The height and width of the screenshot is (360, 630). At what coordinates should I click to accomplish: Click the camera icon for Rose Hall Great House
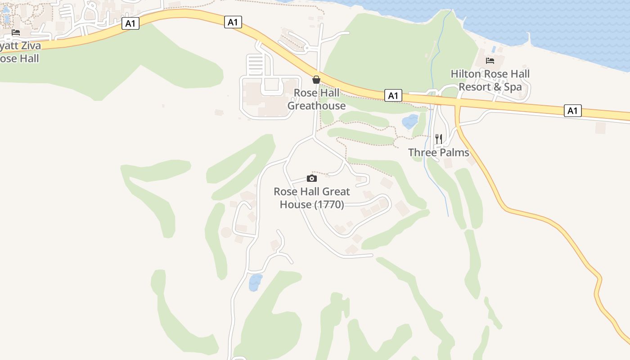(311, 179)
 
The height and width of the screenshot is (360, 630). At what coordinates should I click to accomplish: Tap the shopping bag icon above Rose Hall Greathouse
(316, 80)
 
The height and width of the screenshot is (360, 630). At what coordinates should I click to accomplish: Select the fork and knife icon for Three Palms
(439, 139)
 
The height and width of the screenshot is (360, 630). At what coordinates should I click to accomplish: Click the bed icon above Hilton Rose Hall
(490, 61)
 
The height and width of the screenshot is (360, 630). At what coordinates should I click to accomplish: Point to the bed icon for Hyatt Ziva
(16, 32)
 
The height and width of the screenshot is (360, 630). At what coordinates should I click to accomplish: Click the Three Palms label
(438, 153)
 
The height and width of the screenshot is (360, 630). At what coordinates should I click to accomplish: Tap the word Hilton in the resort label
(466, 74)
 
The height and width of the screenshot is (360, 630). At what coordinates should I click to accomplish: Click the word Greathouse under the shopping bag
(316, 106)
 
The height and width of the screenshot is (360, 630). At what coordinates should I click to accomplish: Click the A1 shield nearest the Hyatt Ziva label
(130, 24)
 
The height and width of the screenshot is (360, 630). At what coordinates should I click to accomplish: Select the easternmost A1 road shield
(572, 111)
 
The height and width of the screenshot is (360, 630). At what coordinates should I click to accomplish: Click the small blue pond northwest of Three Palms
(410, 121)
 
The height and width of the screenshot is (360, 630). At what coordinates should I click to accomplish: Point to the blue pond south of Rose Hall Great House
(255, 282)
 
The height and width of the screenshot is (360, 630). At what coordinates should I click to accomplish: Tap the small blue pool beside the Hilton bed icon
(494, 49)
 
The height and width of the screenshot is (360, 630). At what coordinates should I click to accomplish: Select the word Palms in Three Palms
(453, 153)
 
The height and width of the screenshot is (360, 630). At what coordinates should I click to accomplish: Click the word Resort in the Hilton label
(472, 87)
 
